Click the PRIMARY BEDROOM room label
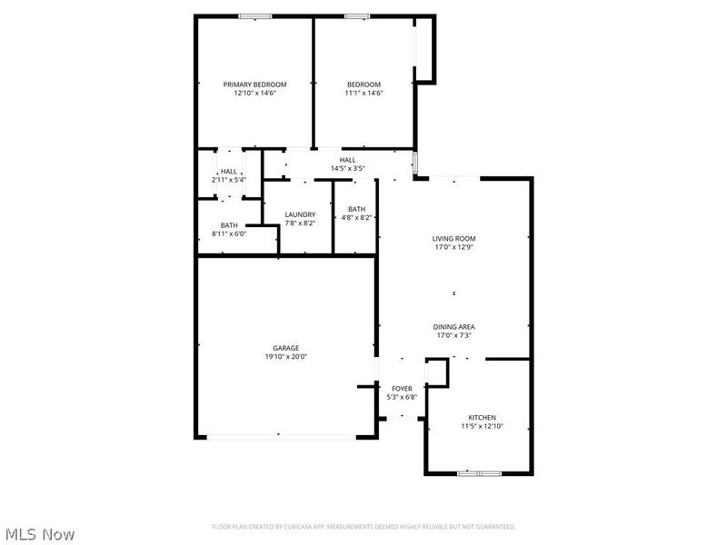(254, 84)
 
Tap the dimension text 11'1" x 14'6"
(363, 93)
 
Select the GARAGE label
(285, 348)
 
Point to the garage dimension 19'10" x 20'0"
(285, 357)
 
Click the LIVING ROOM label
(453, 238)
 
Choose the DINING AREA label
(453, 326)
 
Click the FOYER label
(401, 388)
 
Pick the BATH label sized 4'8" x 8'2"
(356, 209)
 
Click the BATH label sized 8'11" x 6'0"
(229, 225)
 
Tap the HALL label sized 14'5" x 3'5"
(348, 160)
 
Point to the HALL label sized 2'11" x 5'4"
(229, 171)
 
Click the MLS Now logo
(39, 534)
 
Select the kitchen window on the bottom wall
(479, 473)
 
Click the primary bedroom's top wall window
(255, 15)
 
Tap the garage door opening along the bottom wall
(285, 438)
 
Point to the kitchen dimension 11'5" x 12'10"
(481, 425)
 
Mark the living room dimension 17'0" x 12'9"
(453, 247)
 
